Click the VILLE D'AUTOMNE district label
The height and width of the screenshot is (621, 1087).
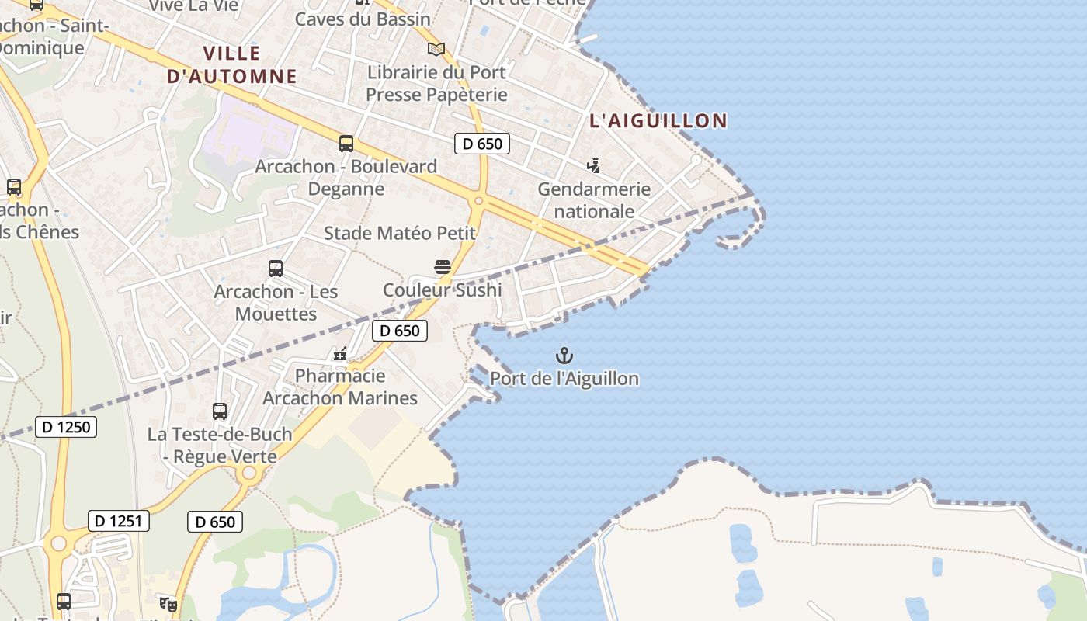pos(231,64)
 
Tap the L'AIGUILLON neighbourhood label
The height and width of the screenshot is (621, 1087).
pos(658,120)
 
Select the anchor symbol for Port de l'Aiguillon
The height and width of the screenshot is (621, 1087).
pos(564,356)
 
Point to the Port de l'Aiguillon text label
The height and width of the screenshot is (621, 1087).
pos(564,379)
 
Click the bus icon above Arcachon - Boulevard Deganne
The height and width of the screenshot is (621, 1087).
pos(346,144)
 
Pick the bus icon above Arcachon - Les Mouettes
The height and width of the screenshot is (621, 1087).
pos(276,269)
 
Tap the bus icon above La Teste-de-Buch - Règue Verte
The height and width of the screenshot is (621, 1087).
pos(220,411)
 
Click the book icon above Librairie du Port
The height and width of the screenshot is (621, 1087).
pos(436,49)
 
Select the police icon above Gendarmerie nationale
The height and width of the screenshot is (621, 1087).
pos(594,165)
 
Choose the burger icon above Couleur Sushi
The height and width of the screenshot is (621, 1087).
pos(443,267)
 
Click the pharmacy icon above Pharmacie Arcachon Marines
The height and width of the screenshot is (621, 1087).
pos(340,354)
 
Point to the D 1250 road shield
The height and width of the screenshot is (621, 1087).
pos(66,426)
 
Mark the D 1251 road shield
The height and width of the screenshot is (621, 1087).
pos(119,521)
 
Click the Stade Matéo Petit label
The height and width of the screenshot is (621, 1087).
pos(399,233)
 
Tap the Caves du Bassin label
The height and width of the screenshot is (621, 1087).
pos(363,19)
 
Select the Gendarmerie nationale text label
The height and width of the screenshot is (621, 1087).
pos(594,200)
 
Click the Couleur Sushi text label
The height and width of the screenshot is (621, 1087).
pos(443,290)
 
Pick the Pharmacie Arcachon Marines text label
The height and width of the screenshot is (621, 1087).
pos(340,387)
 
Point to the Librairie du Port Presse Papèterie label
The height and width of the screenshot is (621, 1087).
pos(436,83)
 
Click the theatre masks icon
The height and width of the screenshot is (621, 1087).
pos(167,603)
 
